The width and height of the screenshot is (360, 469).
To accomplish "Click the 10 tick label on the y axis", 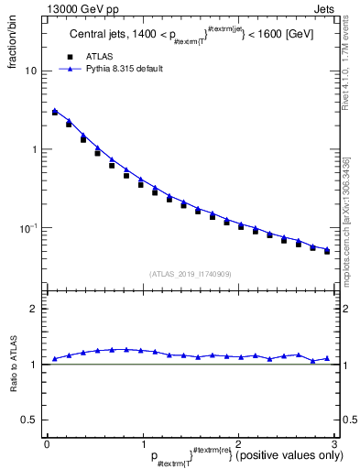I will point(31,71).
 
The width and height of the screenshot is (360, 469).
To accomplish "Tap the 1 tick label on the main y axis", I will point(34,149).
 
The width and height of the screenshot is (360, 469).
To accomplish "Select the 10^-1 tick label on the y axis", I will point(28,227).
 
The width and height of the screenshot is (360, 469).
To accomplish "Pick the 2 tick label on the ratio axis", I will point(34,309).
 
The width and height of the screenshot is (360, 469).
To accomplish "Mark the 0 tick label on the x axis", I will point(47,444).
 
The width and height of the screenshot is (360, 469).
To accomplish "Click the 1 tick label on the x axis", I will point(142,444).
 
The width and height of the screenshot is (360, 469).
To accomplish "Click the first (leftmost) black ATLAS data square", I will point(55,113).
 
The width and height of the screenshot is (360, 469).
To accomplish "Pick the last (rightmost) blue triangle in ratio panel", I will point(327,358).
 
